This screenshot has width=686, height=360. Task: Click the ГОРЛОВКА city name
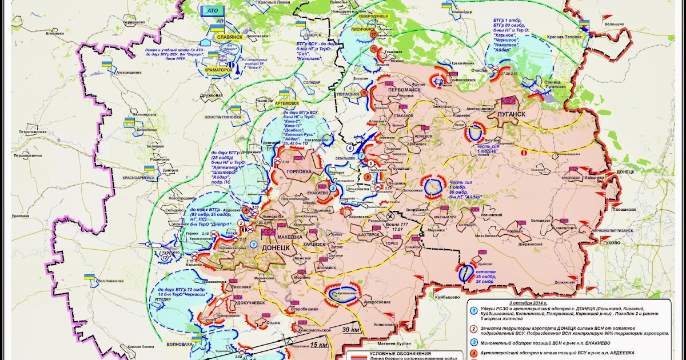(298, 171)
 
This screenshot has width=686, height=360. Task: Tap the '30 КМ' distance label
(352, 329)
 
